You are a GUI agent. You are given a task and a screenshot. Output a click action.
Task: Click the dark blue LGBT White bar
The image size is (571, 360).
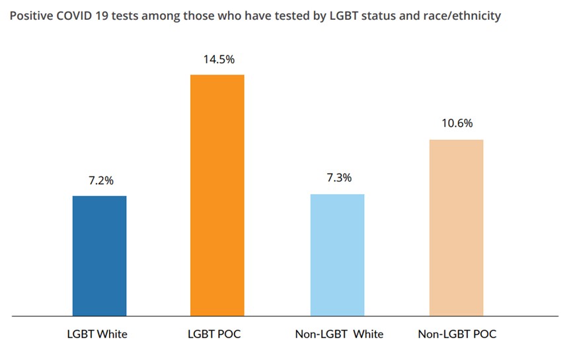click(x=99, y=256)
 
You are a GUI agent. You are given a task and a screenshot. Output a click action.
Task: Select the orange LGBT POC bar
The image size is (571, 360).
click(x=217, y=195)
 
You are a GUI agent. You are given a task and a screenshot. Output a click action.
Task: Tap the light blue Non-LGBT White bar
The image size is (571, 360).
click(x=337, y=255)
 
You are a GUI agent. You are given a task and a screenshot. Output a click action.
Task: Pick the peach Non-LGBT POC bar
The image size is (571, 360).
click(x=456, y=227)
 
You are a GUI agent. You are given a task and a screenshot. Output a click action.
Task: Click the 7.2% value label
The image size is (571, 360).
click(x=99, y=180)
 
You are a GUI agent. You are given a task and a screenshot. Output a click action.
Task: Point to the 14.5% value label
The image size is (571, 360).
click(x=217, y=59)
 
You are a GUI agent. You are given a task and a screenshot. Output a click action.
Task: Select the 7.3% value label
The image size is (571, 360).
click(x=338, y=178)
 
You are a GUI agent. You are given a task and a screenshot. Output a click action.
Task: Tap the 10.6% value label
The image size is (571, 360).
click(x=457, y=124)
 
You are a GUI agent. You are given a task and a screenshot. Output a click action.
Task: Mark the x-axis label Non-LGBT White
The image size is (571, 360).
click(x=339, y=334)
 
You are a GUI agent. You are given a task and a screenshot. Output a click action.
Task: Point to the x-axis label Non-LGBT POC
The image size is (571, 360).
click(x=457, y=334)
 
